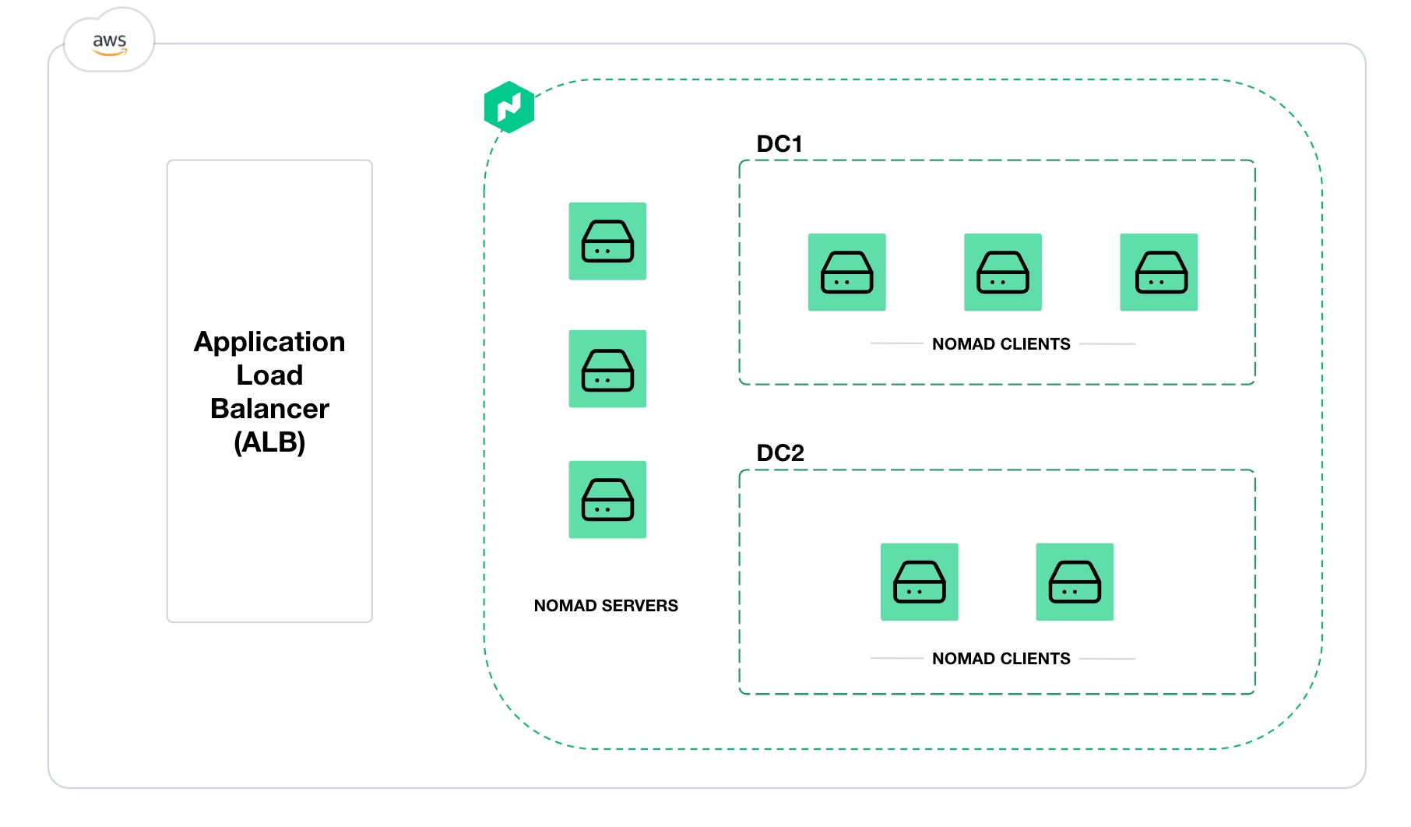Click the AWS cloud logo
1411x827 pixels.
pos(109,42)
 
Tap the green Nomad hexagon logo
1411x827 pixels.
pos(509,107)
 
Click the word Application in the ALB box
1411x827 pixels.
pos(269,342)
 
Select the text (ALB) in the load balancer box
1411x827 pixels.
pos(269,442)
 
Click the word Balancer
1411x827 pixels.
pos(269,409)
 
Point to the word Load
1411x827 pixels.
pos(269,375)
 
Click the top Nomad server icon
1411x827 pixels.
pos(607,241)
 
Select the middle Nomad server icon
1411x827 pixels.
pos(607,369)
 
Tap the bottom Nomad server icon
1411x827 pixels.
pos(607,500)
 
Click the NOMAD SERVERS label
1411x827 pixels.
pos(606,606)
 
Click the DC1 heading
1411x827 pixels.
pos(779,144)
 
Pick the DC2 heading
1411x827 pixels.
pos(779,453)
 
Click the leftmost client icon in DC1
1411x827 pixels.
pos(847,273)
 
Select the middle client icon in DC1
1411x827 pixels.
pos(1003,273)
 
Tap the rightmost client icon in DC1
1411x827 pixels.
pos(1159,273)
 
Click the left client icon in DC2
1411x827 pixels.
pos(920,582)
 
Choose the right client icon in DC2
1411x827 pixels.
pos(1075,582)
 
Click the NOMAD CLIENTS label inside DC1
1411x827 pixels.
pos(1001,344)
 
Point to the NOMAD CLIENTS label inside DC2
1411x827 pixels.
pos(1001,659)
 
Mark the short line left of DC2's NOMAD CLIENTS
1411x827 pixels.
pos(896,659)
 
